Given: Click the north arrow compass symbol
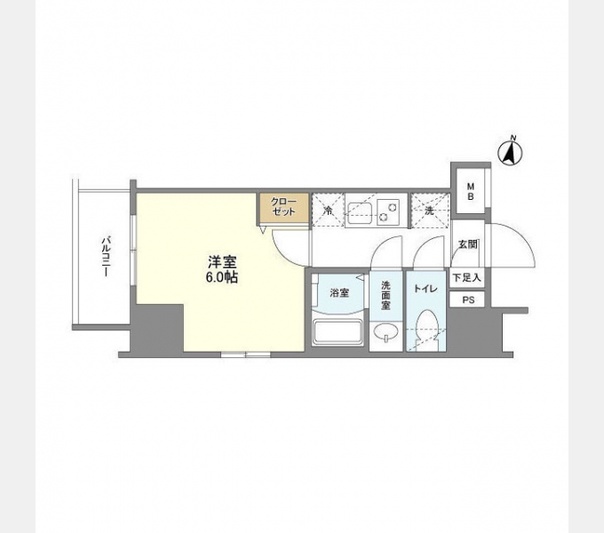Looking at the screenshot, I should click(512, 152).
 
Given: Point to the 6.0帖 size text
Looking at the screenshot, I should click(222, 277).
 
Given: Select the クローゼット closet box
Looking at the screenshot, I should click(284, 209).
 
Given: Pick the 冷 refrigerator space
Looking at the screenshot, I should click(328, 211).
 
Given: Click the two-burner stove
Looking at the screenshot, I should click(387, 211).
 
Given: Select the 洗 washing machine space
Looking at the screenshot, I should click(428, 211).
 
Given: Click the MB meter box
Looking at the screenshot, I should click(471, 190).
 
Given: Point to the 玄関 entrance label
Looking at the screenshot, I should click(467, 244).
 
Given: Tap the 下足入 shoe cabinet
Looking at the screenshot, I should click(466, 278).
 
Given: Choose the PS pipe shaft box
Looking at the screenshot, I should click(467, 299).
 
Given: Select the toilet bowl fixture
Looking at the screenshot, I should click(425, 327).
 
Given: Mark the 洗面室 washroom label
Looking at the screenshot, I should click(386, 294).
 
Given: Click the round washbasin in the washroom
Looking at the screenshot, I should click(386, 333).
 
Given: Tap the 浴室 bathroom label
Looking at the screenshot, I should click(339, 292).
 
